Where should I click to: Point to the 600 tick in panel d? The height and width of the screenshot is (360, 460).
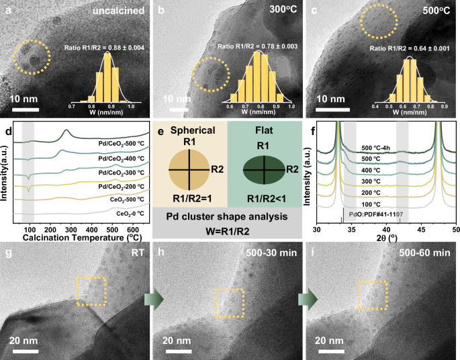click(130, 228)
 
